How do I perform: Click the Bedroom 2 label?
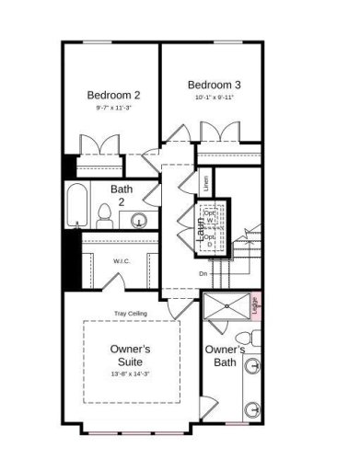[x=113, y=95]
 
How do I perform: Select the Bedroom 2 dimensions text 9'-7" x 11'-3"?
[x=113, y=109]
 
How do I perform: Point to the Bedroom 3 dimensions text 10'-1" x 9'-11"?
[x=216, y=96]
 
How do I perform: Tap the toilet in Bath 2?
[x=105, y=217]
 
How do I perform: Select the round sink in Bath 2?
[x=139, y=220]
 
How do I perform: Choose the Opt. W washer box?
[x=211, y=217]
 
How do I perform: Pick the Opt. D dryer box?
[x=211, y=240]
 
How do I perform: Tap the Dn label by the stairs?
[x=203, y=273]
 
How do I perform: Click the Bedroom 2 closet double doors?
[x=98, y=145]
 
